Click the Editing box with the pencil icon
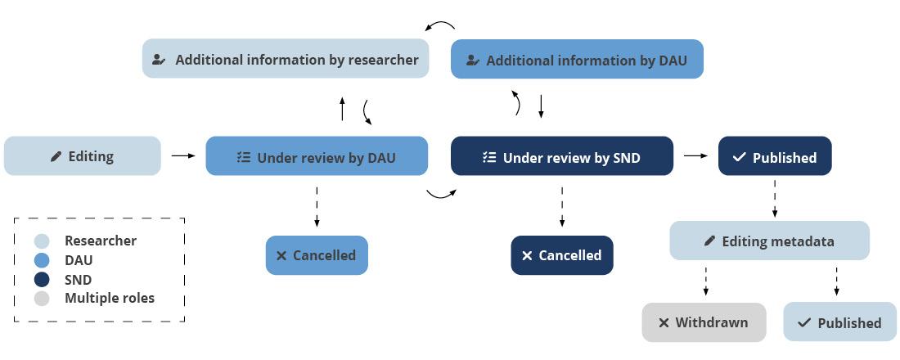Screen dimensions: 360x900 [82, 156]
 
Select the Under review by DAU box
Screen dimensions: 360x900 [316, 156]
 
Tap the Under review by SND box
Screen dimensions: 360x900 [561, 156]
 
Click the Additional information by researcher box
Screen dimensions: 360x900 [285, 59]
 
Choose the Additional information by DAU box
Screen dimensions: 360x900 [577, 60]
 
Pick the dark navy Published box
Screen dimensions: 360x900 [774, 156]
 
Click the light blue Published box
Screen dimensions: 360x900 [839, 322]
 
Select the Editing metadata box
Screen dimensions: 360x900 [769, 241]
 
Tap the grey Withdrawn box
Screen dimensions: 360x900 [704, 322]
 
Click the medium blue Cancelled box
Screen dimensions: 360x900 [317, 255]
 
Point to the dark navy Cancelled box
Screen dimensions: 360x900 [561, 255]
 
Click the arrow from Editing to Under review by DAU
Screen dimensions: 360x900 [183, 155]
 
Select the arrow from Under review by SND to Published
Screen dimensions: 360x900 [695, 155]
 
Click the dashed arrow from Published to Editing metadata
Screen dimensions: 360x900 [775, 198]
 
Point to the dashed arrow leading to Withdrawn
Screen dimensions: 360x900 [705, 281]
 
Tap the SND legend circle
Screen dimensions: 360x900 [42, 279]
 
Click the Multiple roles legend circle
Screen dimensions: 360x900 [42, 298]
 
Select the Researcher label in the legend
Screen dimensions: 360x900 [101, 241]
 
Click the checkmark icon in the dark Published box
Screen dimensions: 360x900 [739, 157]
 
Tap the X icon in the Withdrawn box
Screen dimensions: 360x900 [664, 323]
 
